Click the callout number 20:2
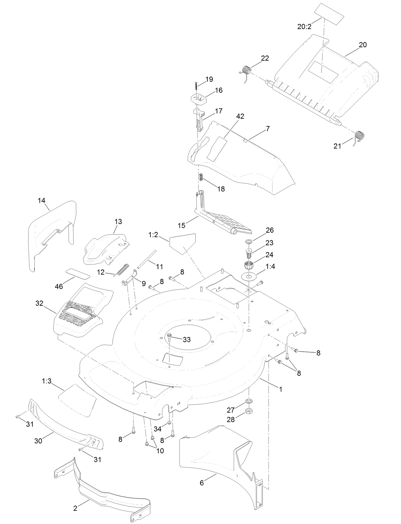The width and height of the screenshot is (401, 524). click(304, 27)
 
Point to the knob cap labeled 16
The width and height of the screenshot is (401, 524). click(198, 99)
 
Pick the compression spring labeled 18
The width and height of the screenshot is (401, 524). click(201, 177)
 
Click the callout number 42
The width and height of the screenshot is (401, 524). click(240, 116)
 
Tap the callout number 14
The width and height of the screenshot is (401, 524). click(41, 201)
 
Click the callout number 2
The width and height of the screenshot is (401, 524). click(75, 508)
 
